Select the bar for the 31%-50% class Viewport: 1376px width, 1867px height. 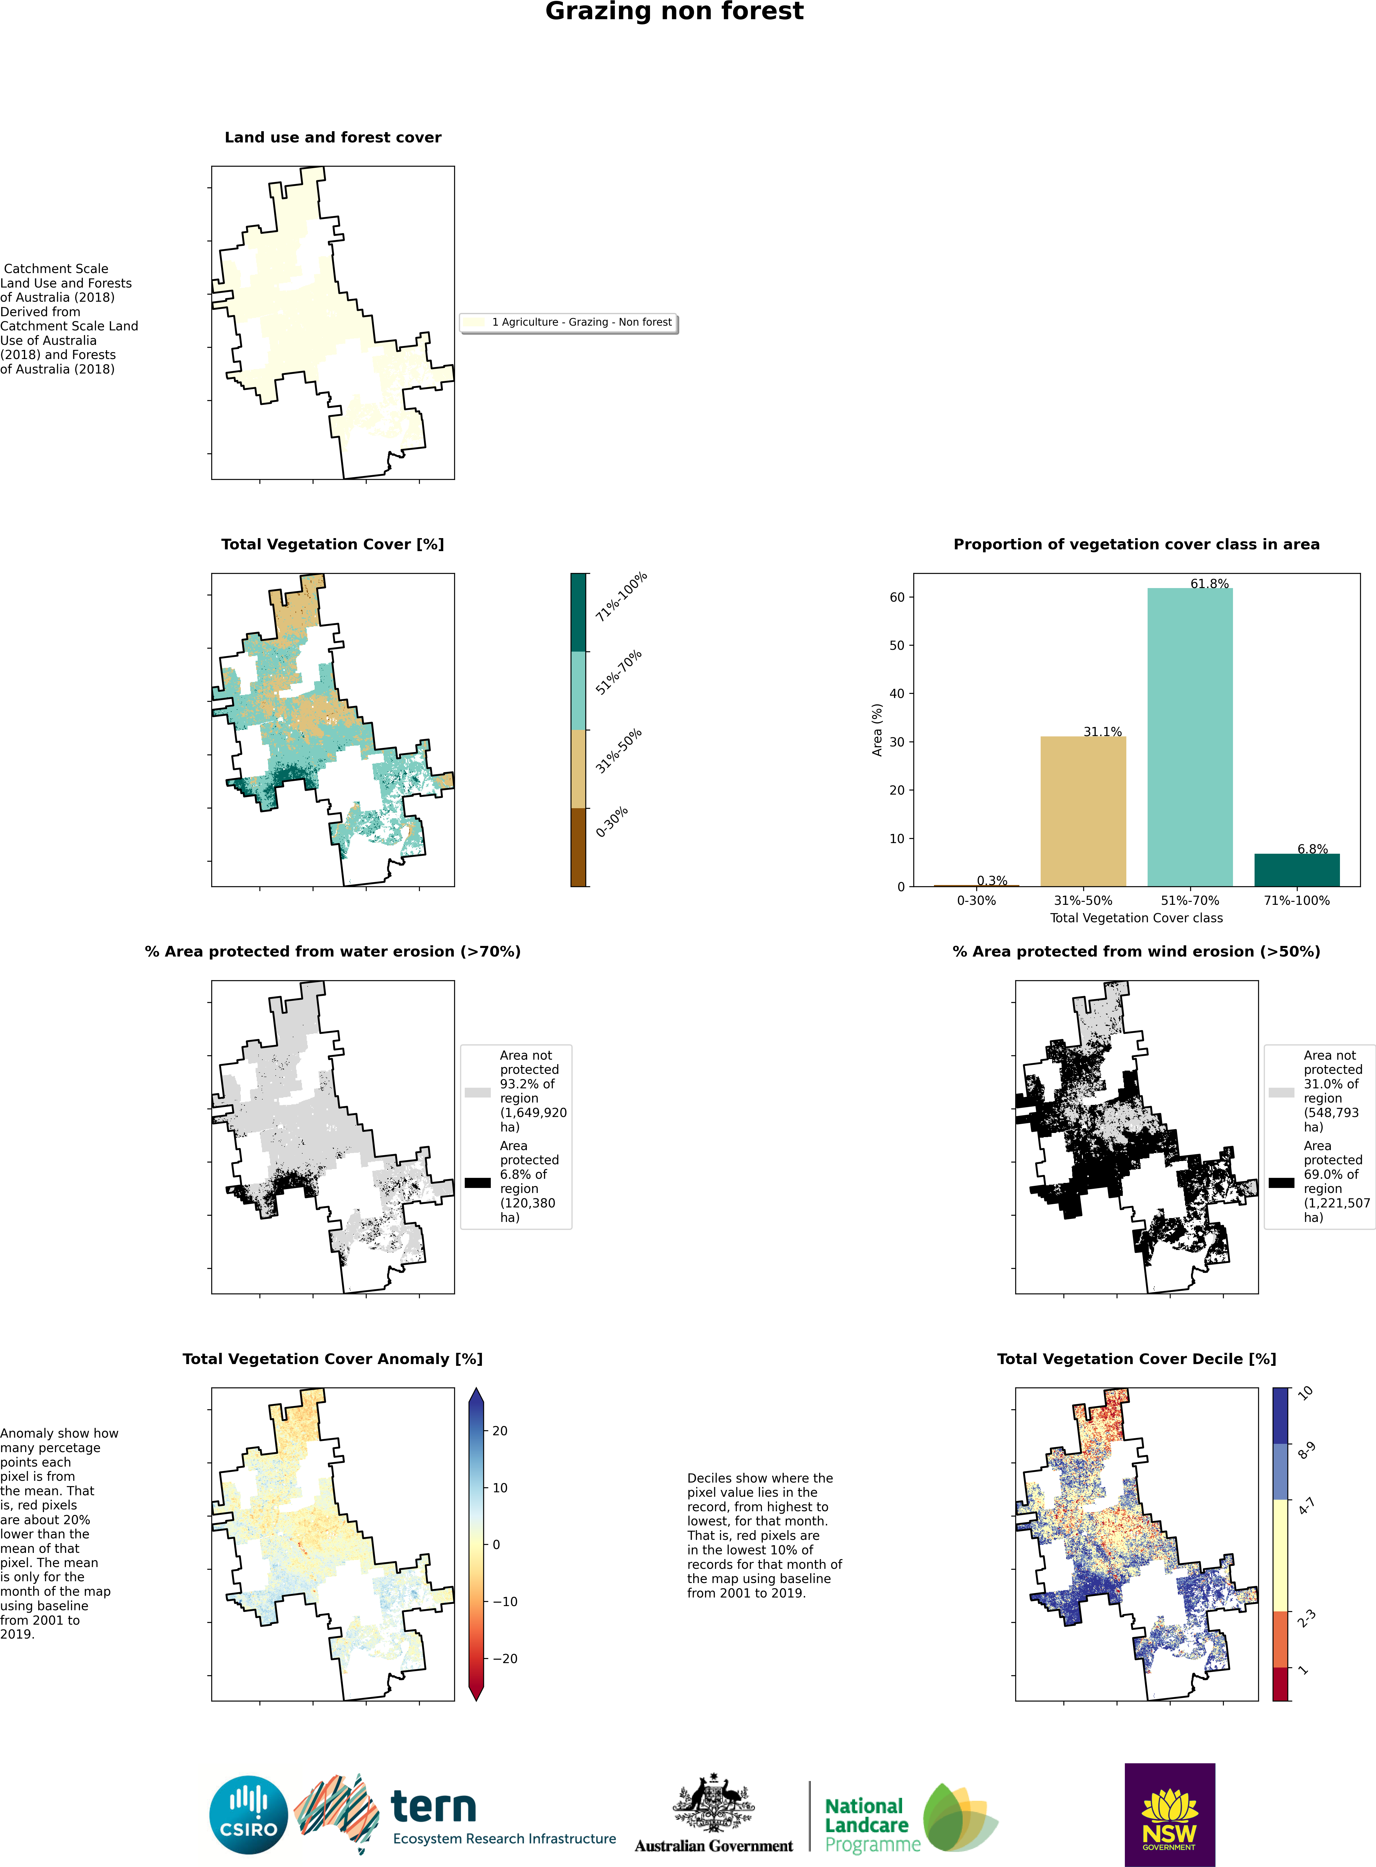pos(1083,811)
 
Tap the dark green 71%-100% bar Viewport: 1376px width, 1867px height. pos(1297,870)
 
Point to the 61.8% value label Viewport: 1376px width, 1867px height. pos(1209,583)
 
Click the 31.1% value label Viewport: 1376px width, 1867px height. pos(1103,731)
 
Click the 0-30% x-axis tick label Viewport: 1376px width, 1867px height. pos(976,901)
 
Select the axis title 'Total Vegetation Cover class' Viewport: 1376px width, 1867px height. pos(1136,918)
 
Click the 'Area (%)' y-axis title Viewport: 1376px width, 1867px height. pos(877,730)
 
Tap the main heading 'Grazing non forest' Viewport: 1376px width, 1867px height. pos(675,12)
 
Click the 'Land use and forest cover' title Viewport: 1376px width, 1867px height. pos(333,137)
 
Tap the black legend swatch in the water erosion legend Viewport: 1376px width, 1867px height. pos(477,1182)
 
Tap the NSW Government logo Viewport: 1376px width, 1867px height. pos(1169,1814)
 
